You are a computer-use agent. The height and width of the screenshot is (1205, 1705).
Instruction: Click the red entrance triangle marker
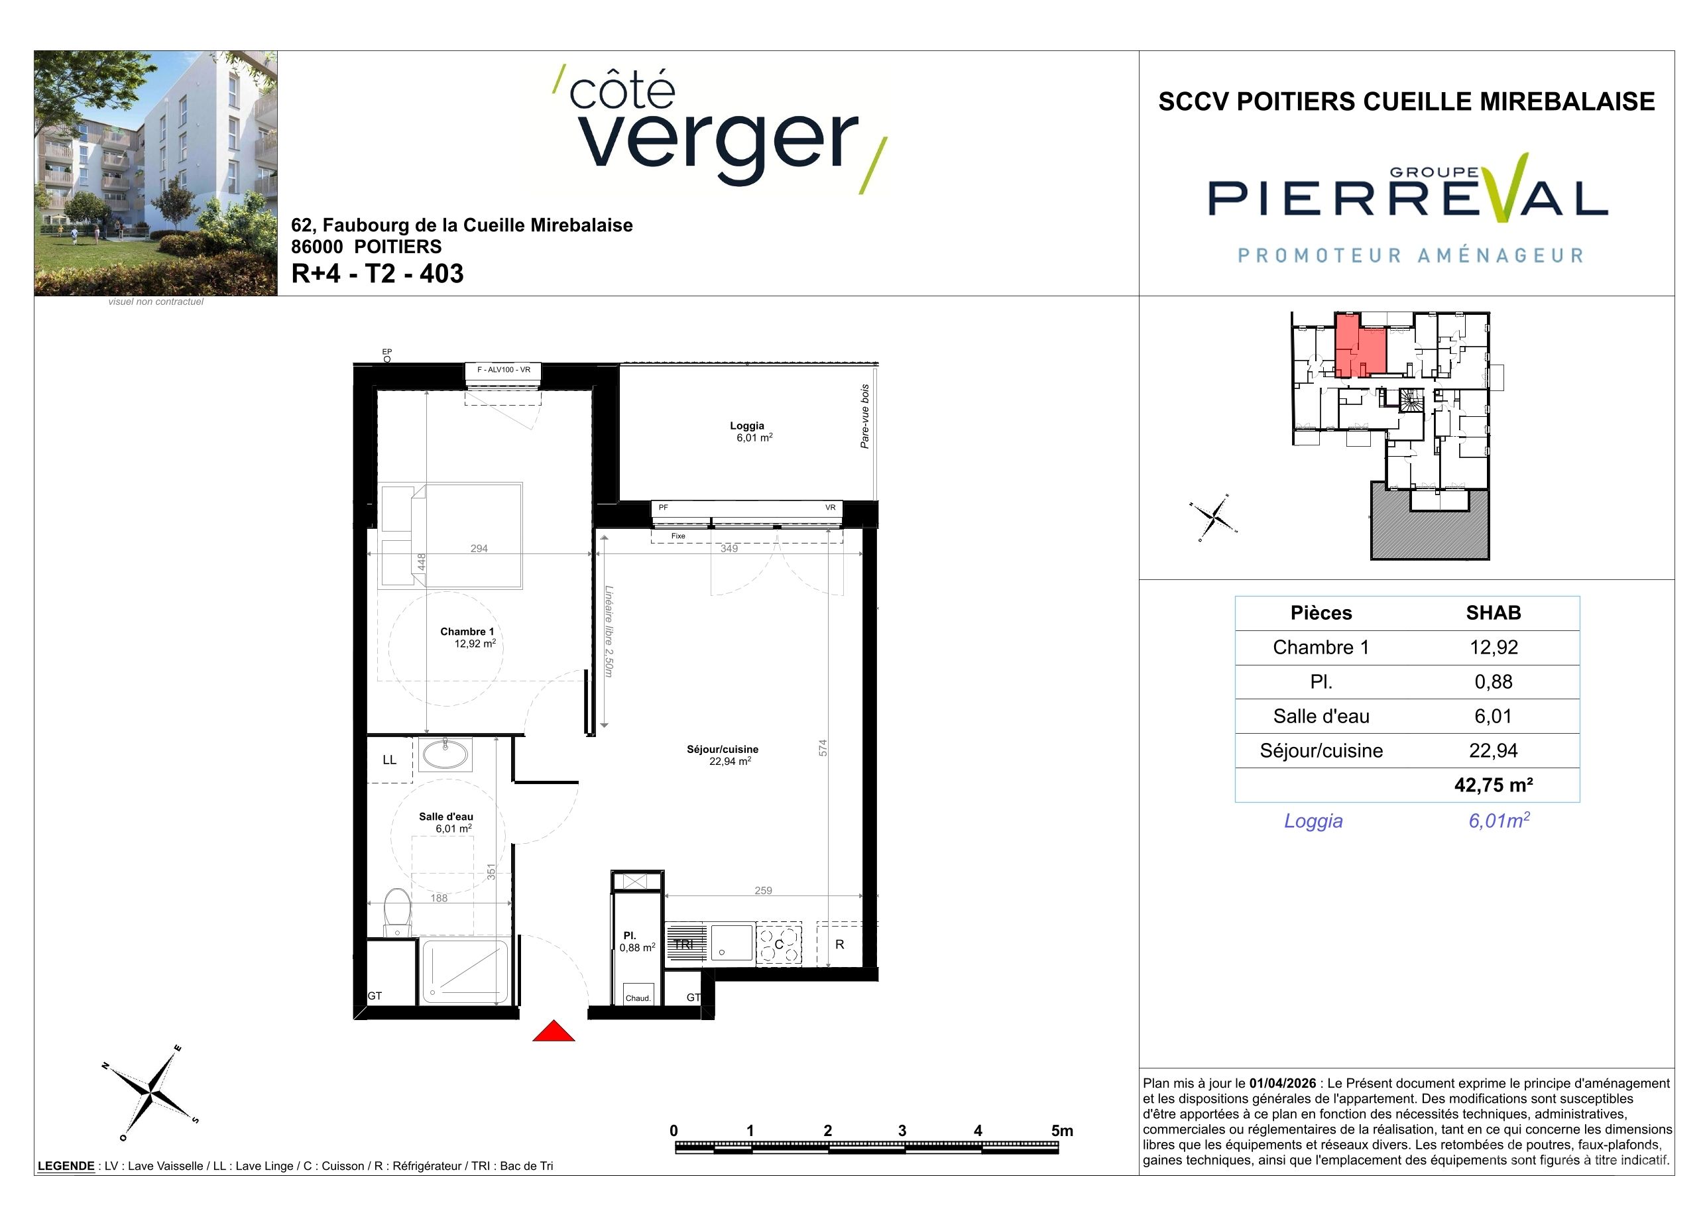point(554,1031)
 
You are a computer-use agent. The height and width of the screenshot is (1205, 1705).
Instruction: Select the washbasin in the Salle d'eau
point(445,755)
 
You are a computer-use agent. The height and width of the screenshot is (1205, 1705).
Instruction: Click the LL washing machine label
point(389,760)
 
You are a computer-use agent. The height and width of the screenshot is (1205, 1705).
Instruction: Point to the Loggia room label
point(747,426)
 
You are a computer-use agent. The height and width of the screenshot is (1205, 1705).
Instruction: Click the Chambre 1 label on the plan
point(467,631)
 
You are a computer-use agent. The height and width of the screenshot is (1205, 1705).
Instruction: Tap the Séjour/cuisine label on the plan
point(723,749)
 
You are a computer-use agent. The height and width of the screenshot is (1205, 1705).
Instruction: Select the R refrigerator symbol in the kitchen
point(840,945)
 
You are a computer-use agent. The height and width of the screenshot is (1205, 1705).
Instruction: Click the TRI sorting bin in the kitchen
point(684,945)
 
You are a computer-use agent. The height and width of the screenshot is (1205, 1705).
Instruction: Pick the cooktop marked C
point(779,945)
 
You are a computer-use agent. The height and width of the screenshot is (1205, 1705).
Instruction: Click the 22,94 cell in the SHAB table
point(1494,750)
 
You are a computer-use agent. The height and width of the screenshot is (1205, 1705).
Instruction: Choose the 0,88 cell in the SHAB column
point(1494,681)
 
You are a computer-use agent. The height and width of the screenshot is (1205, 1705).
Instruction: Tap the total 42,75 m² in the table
point(1494,785)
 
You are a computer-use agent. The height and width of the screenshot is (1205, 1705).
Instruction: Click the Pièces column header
point(1321,612)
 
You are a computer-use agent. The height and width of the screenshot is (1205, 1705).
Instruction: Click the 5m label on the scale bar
point(1062,1131)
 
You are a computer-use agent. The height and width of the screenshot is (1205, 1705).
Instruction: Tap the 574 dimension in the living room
point(823,748)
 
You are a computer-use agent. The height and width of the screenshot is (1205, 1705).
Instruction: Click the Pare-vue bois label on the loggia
point(865,416)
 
